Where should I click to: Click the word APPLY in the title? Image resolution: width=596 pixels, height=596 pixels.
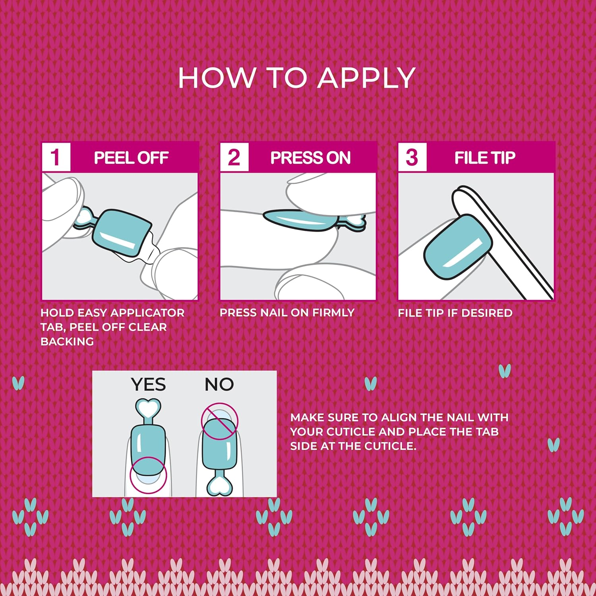[366, 78]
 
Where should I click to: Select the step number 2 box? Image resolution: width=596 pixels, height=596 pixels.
[234, 157]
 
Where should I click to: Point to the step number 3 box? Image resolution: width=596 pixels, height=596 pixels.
[412, 157]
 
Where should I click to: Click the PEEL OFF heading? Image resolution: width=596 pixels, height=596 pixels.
[131, 158]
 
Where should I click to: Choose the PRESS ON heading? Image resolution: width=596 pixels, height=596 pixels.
[310, 158]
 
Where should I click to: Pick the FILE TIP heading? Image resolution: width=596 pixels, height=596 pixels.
[485, 158]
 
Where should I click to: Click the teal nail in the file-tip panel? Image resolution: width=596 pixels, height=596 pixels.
[457, 247]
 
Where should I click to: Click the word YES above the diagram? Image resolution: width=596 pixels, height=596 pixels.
[148, 385]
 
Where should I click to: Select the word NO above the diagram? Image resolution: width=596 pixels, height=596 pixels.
[219, 385]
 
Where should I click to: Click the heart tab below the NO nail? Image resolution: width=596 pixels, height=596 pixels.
[219, 486]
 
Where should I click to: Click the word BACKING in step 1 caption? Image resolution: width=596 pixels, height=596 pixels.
[67, 342]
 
